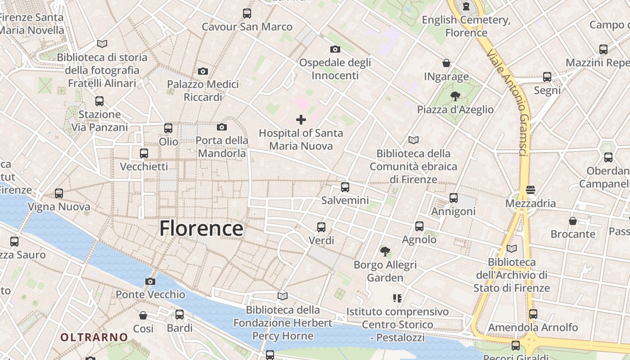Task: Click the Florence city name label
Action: (201, 228)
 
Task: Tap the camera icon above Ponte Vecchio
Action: (150, 282)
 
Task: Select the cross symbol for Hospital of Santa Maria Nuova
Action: (301, 120)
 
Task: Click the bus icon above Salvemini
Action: (345, 187)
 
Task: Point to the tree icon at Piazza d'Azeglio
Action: (455, 96)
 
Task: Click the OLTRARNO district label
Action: (94, 337)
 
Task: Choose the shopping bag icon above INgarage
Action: (446, 63)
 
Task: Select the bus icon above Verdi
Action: (321, 227)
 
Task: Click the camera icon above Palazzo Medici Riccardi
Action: (203, 71)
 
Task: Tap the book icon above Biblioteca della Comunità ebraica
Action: (413, 140)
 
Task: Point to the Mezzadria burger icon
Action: (531, 190)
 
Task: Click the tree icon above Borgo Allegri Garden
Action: (385, 251)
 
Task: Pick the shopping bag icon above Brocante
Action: (573, 221)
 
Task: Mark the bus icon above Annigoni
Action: (454, 198)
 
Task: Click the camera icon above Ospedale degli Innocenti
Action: (335, 49)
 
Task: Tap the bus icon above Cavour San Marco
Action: (247, 13)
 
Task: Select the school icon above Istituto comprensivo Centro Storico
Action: (397, 298)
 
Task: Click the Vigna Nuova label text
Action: (59, 207)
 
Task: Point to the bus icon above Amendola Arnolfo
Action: (533, 314)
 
